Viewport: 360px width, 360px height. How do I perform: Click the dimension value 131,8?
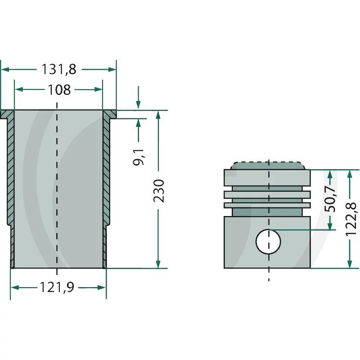coord(59,69)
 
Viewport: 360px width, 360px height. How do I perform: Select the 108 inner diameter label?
coord(59,90)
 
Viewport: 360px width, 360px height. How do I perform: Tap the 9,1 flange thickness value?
coord(139,157)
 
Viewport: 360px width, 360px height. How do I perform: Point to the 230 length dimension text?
coord(159,191)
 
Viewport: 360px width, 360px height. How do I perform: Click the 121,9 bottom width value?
coord(57,287)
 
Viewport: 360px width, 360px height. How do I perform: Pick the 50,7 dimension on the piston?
coord(330,199)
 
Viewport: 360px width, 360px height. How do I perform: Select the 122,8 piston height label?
coord(351,219)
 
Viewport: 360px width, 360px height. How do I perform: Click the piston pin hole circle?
coord(268,242)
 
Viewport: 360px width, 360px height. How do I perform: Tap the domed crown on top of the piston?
coord(268,166)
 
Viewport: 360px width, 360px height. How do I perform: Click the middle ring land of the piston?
coord(267,195)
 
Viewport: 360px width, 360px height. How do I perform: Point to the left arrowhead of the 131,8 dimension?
coord(5,69)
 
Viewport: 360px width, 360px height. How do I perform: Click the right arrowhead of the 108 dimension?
coord(98,89)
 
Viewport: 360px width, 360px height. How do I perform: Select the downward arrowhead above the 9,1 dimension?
coord(138,104)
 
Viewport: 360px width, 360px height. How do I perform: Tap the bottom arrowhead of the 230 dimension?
coord(158,264)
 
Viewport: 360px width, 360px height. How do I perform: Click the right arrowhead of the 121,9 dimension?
coord(102,288)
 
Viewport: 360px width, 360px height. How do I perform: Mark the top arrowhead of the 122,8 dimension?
coord(350,174)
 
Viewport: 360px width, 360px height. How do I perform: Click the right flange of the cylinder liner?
coord(109,114)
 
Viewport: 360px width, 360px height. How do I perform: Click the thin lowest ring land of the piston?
coord(267,205)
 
